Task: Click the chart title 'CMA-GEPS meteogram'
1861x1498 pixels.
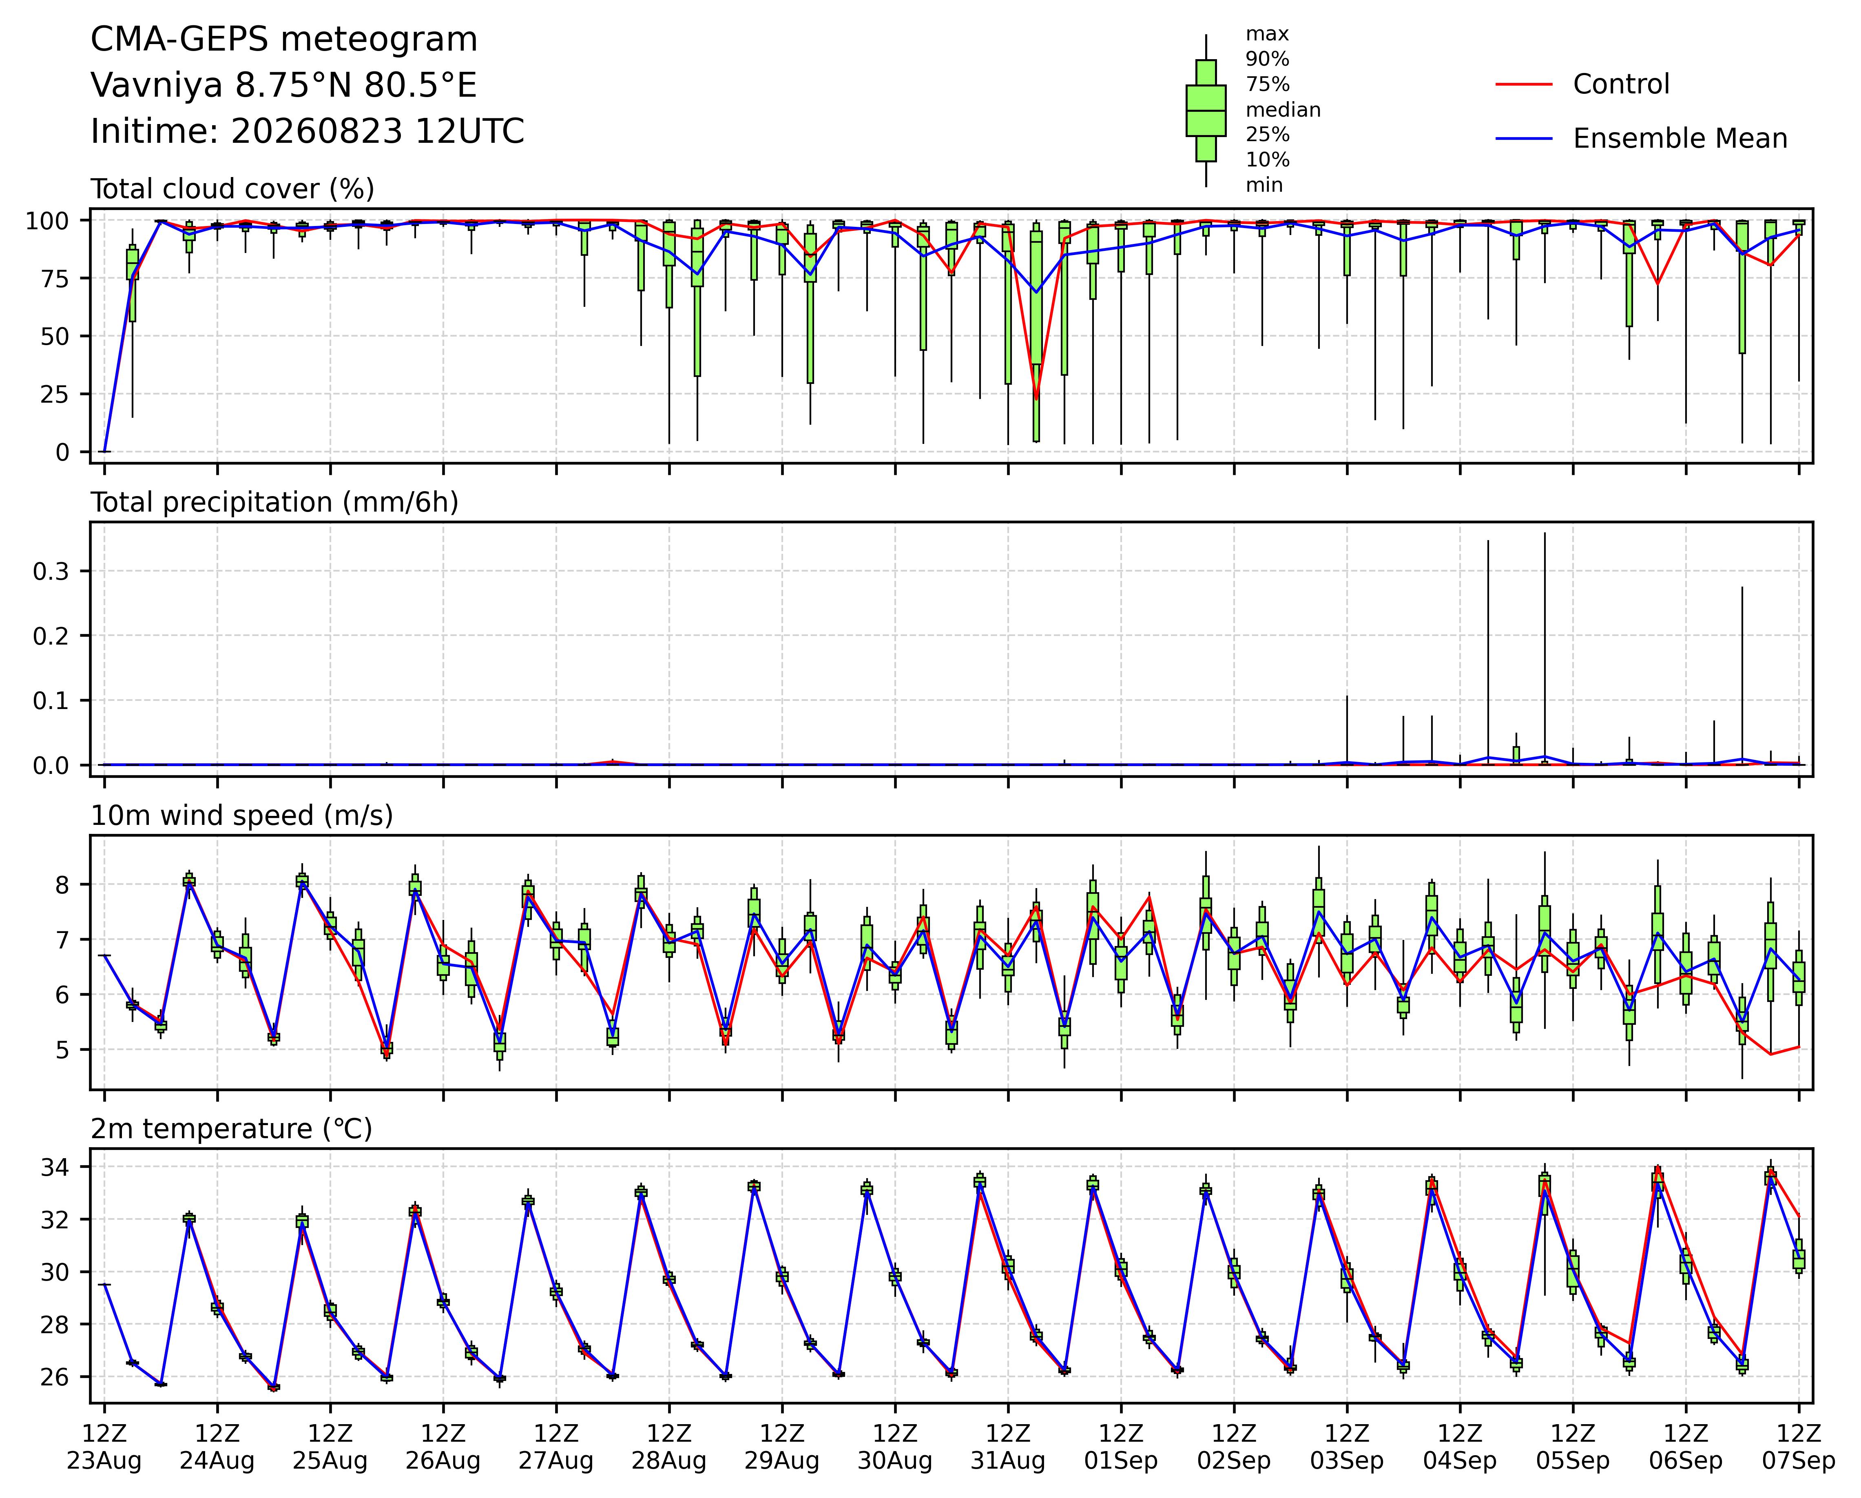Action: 284,40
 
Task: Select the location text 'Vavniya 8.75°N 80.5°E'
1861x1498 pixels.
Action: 284,86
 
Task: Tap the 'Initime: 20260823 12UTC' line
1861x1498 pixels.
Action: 307,131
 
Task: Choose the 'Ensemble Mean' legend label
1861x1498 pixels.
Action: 1680,138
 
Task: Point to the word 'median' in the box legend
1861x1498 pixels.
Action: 1283,110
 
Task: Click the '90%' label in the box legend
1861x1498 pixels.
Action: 1267,60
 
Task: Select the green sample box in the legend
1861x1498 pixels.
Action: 1206,111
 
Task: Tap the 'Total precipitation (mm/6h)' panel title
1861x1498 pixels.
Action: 274,503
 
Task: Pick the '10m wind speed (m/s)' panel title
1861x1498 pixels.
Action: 242,816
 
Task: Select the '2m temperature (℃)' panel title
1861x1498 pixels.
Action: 231,1129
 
